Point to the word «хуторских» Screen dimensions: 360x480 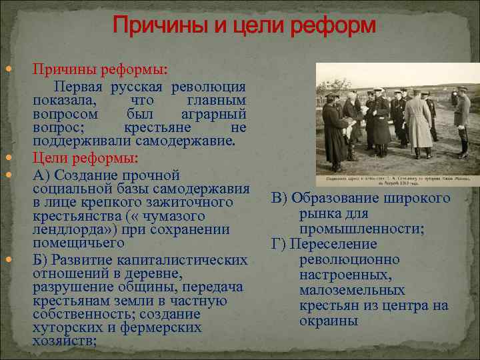coord(64,328)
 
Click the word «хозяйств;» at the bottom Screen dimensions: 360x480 coord(65,341)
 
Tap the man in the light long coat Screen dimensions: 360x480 coord(419,123)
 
